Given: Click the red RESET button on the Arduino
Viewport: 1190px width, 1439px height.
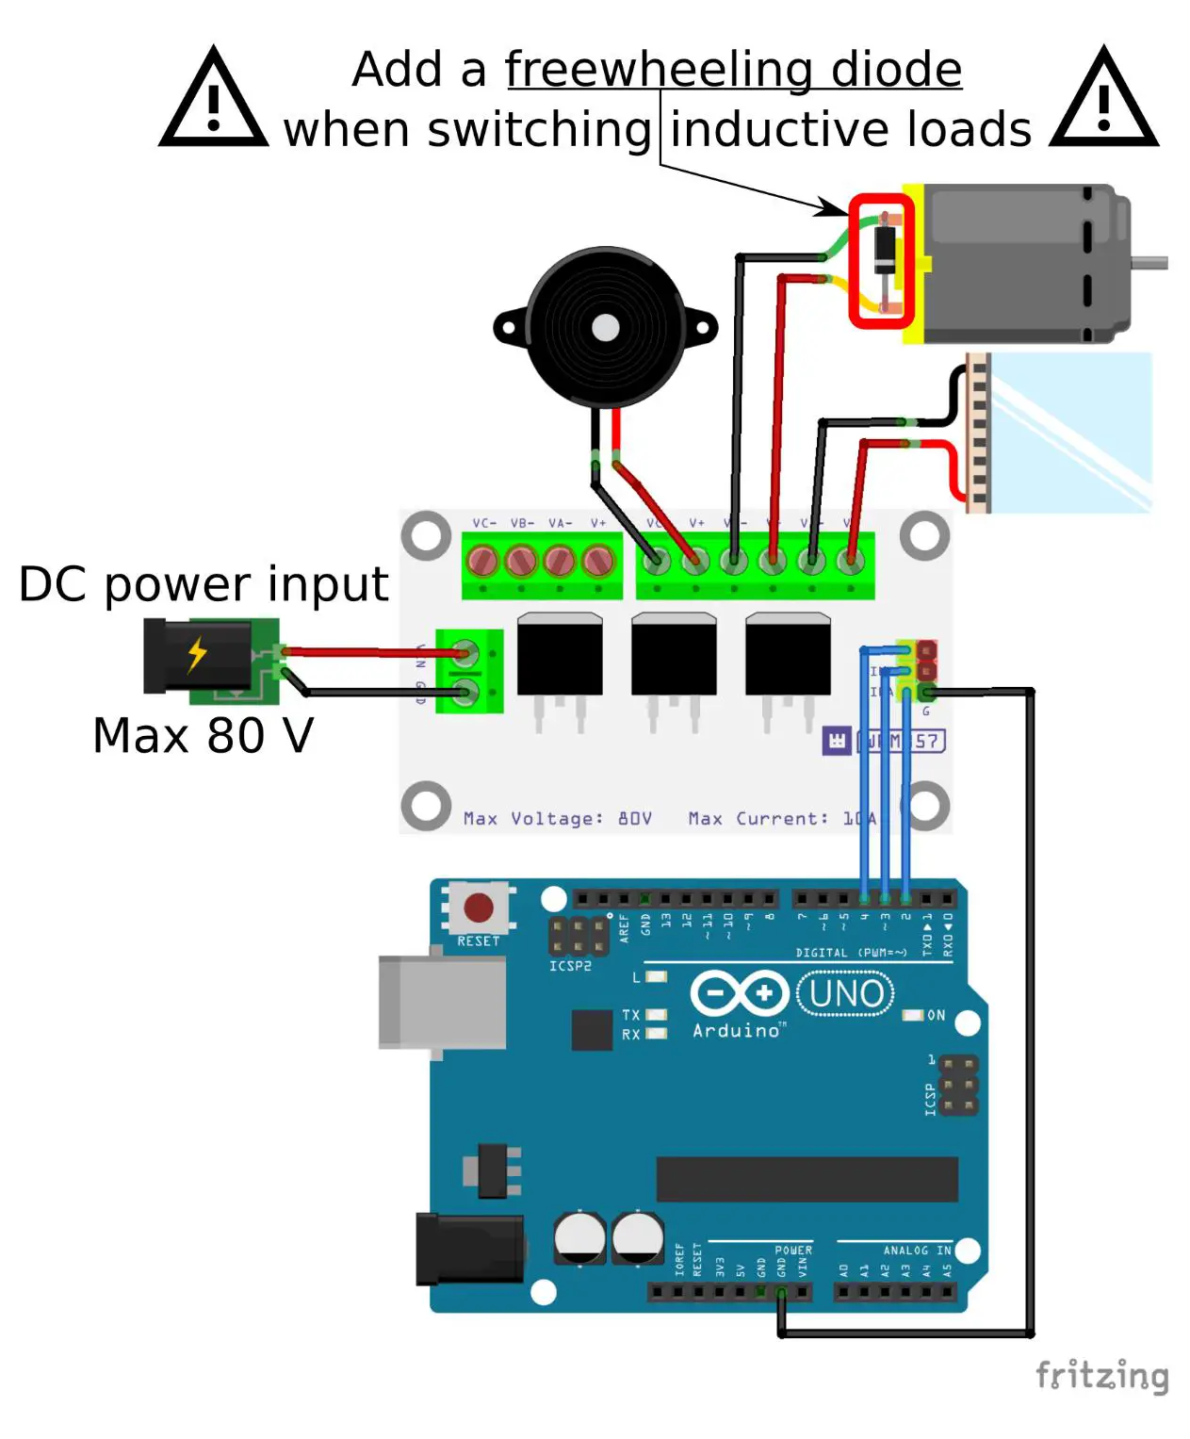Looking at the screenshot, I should (x=478, y=908).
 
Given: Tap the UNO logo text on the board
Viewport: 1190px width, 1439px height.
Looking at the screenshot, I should (x=845, y=994).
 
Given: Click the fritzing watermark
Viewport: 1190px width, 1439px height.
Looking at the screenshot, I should (x=1101, y=1375).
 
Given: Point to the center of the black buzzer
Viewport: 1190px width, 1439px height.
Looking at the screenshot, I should (x=605, y=328).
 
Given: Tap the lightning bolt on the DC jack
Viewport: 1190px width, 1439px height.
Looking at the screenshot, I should (x=197, y=653).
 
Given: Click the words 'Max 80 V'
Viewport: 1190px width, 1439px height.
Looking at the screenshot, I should (x=203, y=736).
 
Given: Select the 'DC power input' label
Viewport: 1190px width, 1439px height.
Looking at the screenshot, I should (x=203, y=584).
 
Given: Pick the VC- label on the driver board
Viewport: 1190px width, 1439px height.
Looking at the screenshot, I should (x=484, y=523).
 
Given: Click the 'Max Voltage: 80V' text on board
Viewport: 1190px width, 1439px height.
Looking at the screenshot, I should (x=557, y=818).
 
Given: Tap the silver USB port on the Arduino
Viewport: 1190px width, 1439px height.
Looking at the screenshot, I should (x=441, y=1002).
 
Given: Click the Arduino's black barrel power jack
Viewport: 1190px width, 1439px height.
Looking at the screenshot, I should (x=469, y=1249).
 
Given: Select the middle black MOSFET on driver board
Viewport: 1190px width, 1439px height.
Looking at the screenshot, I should (x=674, y=655).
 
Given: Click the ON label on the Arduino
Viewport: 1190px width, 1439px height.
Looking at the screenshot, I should (x=936, y=1015).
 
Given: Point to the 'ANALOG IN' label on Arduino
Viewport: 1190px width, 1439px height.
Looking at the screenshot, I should (x=916, y=1251).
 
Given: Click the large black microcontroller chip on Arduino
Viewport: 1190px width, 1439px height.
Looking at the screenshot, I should (x=807, y=1179).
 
